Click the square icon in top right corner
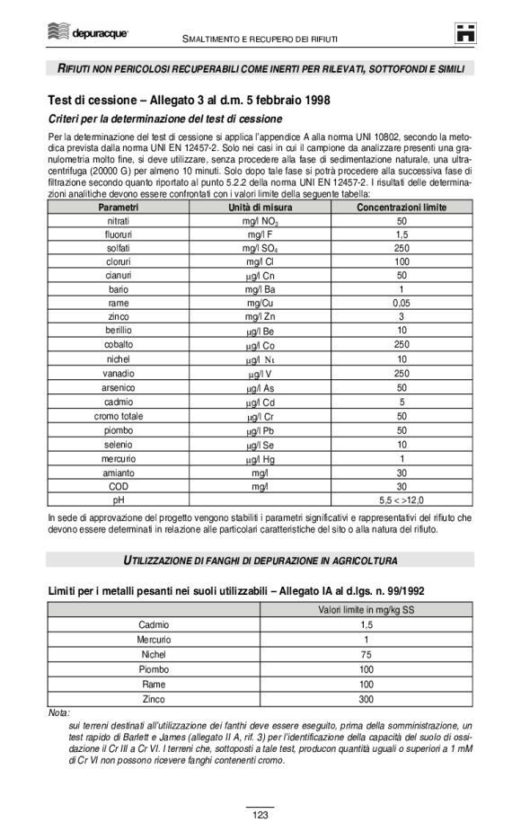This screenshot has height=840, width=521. coord(465,33)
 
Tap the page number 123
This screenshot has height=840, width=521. coord(260,815)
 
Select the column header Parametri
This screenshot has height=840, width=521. coord(117,208)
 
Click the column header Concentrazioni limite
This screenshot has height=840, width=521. coord(402,208)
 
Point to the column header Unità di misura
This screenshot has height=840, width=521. coord(260,208)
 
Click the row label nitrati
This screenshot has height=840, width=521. coord(117,221)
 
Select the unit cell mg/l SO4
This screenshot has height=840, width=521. coord(260,249)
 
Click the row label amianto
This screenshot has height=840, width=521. coord(117,471)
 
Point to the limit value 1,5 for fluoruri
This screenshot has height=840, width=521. coord(402,234)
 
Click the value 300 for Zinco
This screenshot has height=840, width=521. coord(366,699)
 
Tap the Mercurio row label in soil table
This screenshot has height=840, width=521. coord(154,639)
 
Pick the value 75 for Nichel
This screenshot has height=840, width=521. coord(366,654)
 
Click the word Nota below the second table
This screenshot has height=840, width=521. coord(57,712)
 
